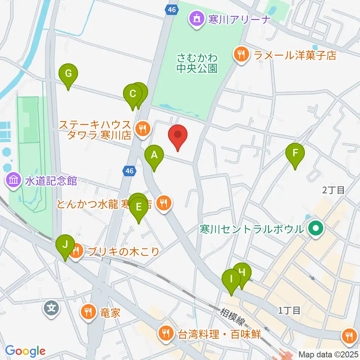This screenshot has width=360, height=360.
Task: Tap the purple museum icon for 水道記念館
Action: pyautogui.click(x=13, y=181)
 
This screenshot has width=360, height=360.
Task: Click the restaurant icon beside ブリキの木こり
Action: pyautogui.click(x=76, y=251)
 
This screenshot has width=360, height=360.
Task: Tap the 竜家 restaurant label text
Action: pyautogui.click(x=110, y=312)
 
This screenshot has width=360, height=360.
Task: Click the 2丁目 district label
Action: pyautogui.click(x=333, y=190)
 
